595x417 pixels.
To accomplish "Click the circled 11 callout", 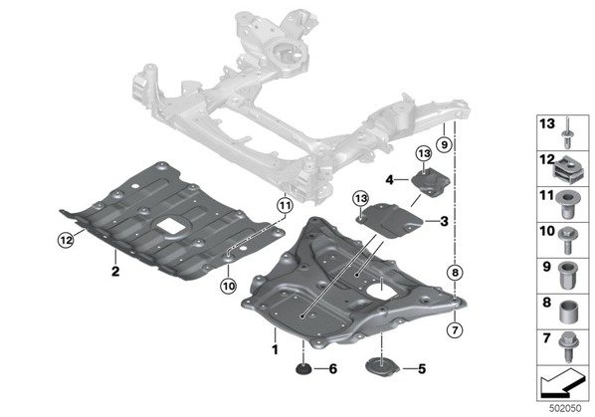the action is click(x=285, y=206).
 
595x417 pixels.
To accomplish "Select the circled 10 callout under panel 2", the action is click(x=229, y=286).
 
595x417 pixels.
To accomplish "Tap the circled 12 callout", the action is click(x=66, y=240).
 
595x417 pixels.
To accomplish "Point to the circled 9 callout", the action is click(x=444, y=144).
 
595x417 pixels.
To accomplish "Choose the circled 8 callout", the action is click(x=455, y=272).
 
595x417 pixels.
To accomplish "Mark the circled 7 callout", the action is click(x=455, y=330).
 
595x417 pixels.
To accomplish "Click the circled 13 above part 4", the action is click(x=424, y=153).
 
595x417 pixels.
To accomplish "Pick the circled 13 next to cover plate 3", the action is click(x=360, y=198).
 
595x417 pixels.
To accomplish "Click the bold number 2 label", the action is click(x=115, y=271).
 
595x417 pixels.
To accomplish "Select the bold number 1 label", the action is click(x=275, y=349).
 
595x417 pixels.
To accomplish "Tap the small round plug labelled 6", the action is click(x=303, y=369).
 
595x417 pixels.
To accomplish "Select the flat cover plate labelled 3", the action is click(x=391, y=220).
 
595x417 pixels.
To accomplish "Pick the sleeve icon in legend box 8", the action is click(x=568, y=312).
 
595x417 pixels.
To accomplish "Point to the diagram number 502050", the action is click(x=565, y=408).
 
